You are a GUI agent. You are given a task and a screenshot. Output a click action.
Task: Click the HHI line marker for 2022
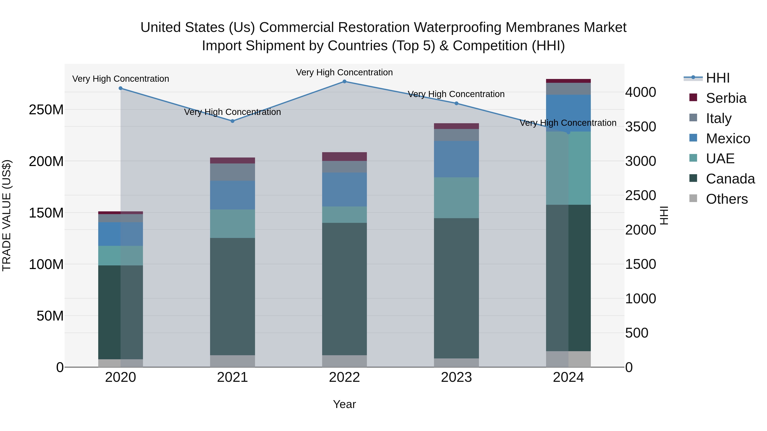pos(345,82)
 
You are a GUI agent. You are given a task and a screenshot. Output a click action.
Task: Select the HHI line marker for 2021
pos(232,121)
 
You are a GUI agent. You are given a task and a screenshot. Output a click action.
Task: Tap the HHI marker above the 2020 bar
pos(121,88)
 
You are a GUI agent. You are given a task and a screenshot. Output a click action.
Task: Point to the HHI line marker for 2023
pos(456,103)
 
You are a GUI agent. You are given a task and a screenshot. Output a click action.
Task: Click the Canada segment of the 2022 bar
pos(345,289)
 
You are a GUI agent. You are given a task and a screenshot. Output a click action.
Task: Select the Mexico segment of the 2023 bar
pos(456,159)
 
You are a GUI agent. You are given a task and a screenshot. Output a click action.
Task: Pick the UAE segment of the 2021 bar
pos(232,224)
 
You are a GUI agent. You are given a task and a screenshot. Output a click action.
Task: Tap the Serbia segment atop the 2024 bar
pos(568,81)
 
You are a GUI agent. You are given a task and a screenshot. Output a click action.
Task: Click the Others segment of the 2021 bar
pos(232,361)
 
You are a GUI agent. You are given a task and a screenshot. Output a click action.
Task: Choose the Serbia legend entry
pos(726,98)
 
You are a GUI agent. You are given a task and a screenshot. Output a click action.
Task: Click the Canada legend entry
pos(730,179)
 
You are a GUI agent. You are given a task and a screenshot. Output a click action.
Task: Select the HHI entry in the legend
pos(718,78)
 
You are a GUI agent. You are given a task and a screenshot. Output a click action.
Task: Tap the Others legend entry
pos(727,199)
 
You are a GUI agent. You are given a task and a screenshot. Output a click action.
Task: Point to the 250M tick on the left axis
pos(46,110)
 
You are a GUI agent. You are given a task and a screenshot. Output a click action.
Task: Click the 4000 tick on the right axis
pos(640,92)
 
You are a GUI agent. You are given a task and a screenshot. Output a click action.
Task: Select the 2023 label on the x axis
pos(456,377)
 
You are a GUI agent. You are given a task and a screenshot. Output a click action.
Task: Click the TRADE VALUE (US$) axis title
pos(7,215)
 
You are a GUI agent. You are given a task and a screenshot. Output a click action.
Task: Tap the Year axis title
pos(345,404)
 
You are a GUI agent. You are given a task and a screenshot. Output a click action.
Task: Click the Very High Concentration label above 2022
pos(345,72)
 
